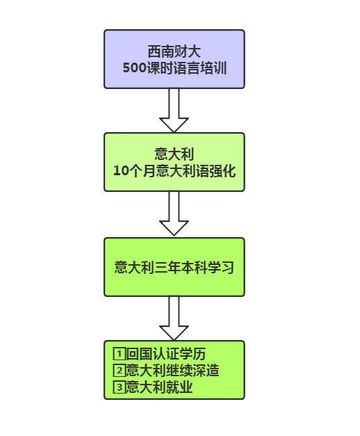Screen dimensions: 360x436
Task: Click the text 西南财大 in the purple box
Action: [x=174, y=51]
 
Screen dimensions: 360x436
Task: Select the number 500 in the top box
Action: [x=135, y=68]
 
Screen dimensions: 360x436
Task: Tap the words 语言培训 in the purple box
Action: [x=200, y=68]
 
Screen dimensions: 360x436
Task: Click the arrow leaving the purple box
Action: [x=174, y=111]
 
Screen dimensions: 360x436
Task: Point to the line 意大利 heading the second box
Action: [x=174, y=154]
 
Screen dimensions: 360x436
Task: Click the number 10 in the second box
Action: [x=121, y=170]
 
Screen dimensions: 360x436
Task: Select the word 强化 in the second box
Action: [x=222, y=170]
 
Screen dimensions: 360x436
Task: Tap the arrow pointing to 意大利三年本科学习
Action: [x=174, y=213]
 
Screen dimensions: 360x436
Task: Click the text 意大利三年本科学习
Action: [x=174, y=268]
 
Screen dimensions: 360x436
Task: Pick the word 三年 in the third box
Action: [x=167, y=268]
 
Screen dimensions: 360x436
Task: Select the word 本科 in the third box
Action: [x=194, y=268]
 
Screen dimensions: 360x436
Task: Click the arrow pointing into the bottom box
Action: [x=174, y=318]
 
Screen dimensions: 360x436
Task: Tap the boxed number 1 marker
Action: [x=120, y=354]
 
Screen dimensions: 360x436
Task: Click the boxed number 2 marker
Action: [x=120, y=371]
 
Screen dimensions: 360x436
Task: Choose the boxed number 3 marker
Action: [x=120, y=387]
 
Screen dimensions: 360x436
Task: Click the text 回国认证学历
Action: [x=166, y=354]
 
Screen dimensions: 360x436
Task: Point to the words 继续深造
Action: [x=193, y=371]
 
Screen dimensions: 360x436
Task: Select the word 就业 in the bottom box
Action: [x=179, y=387]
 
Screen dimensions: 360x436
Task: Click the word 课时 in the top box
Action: [x=160, y=68]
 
